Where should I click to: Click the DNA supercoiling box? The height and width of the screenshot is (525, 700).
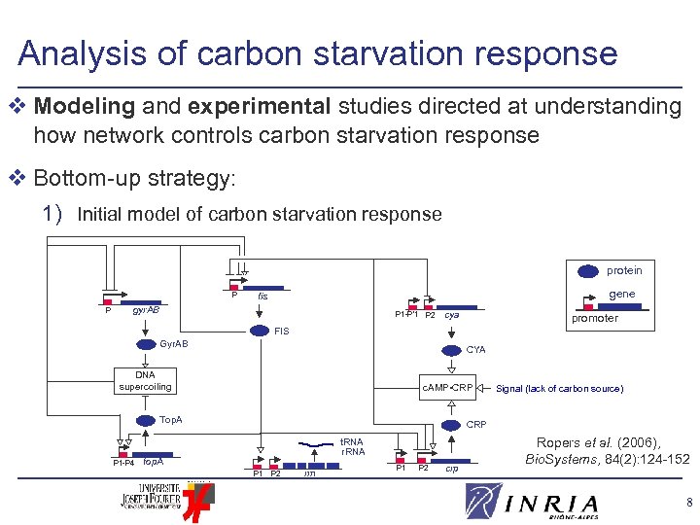coord(145,381)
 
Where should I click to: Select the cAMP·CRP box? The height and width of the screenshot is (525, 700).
coord(447,388)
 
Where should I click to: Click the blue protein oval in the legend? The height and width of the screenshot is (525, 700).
coord(589,270)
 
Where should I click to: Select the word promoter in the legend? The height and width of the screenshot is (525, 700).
coord(594,318)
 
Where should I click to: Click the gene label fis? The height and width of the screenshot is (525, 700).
coord(262,296)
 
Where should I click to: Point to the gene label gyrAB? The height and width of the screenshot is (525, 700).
coord(146,310)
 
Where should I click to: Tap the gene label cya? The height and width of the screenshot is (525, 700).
coord(452,315)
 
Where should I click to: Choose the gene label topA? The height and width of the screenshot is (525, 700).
coord(153,462)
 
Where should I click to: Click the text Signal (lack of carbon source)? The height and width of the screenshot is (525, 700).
coord(559,389)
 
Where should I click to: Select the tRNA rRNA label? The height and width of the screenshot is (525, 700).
coord(352,446)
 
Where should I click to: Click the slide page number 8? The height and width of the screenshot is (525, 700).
coord(688,503)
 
